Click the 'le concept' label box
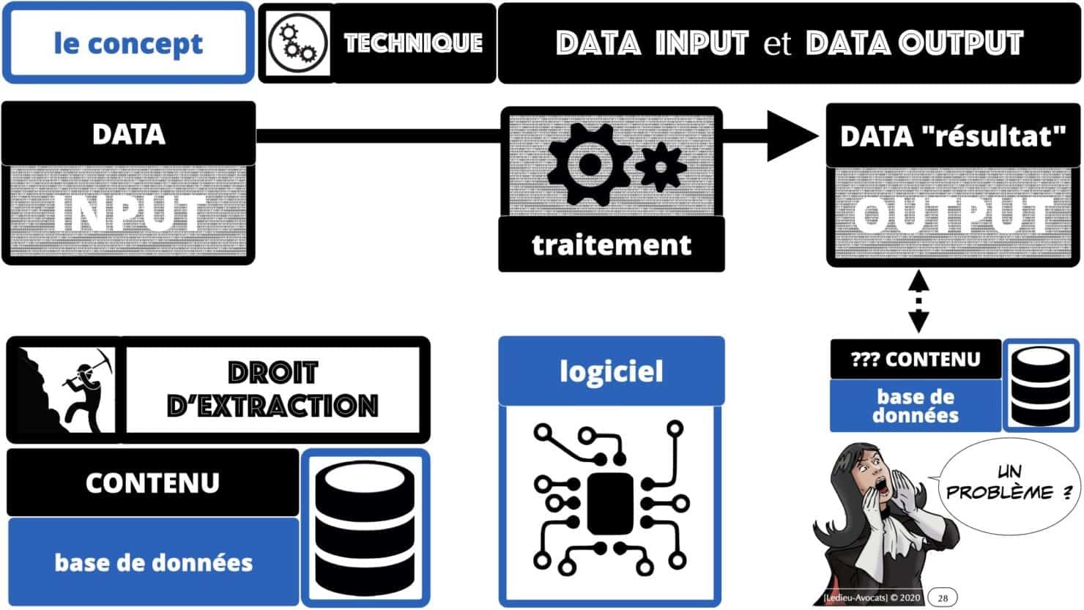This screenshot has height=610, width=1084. click(x=128, y=43)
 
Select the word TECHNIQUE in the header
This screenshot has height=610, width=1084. click(x=413, y=43)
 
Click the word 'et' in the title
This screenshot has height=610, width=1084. click(x=777, y=43)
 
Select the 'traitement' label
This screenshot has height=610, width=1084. click(x=612, y=245)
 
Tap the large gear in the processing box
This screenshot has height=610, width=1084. click(x=588, y=164)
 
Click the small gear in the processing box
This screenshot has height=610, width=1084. click(x=660, y=167)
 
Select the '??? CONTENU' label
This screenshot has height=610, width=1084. click(x=916, y=360)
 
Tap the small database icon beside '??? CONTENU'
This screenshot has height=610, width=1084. click(x=1041, y=384)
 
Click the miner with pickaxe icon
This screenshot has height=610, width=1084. click(x=66, y=388)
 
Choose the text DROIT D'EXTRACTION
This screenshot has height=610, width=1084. click(x=272, y=389)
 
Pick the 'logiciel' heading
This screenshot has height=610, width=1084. click(x=612, y=371)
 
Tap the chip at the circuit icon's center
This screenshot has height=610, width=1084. click(x=610, y=504)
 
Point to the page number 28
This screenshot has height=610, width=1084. click(x=943, y=598)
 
